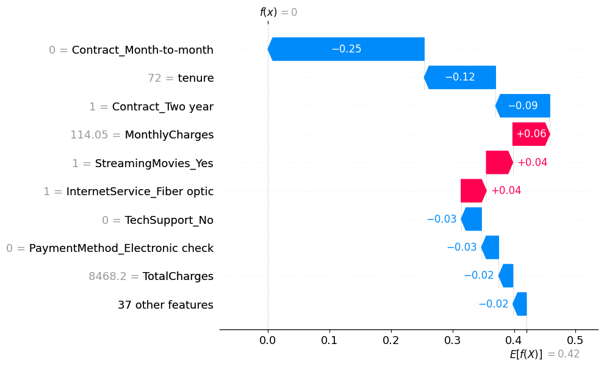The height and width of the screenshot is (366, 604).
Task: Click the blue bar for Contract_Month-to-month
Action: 346,49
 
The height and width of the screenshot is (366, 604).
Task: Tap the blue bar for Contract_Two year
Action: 522,106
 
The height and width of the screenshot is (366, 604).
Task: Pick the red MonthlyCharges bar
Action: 531,134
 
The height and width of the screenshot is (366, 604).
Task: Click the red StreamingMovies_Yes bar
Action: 499,162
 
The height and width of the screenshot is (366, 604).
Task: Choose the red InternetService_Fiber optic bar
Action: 473,191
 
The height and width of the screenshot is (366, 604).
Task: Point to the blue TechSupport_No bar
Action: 472,219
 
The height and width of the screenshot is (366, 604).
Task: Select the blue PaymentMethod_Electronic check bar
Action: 490,247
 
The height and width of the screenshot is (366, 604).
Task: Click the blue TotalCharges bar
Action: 506,276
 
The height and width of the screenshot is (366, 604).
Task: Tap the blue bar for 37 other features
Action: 520,304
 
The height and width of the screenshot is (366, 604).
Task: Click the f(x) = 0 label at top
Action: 278,12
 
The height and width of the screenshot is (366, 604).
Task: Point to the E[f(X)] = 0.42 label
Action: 544,354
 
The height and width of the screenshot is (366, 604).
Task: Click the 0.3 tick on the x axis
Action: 452,339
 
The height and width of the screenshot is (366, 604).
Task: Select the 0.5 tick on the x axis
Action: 575,339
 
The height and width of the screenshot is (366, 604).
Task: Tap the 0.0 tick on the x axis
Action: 268,339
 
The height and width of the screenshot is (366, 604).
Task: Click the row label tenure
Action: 195,78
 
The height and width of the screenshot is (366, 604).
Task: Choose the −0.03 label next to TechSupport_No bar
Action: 441,219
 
